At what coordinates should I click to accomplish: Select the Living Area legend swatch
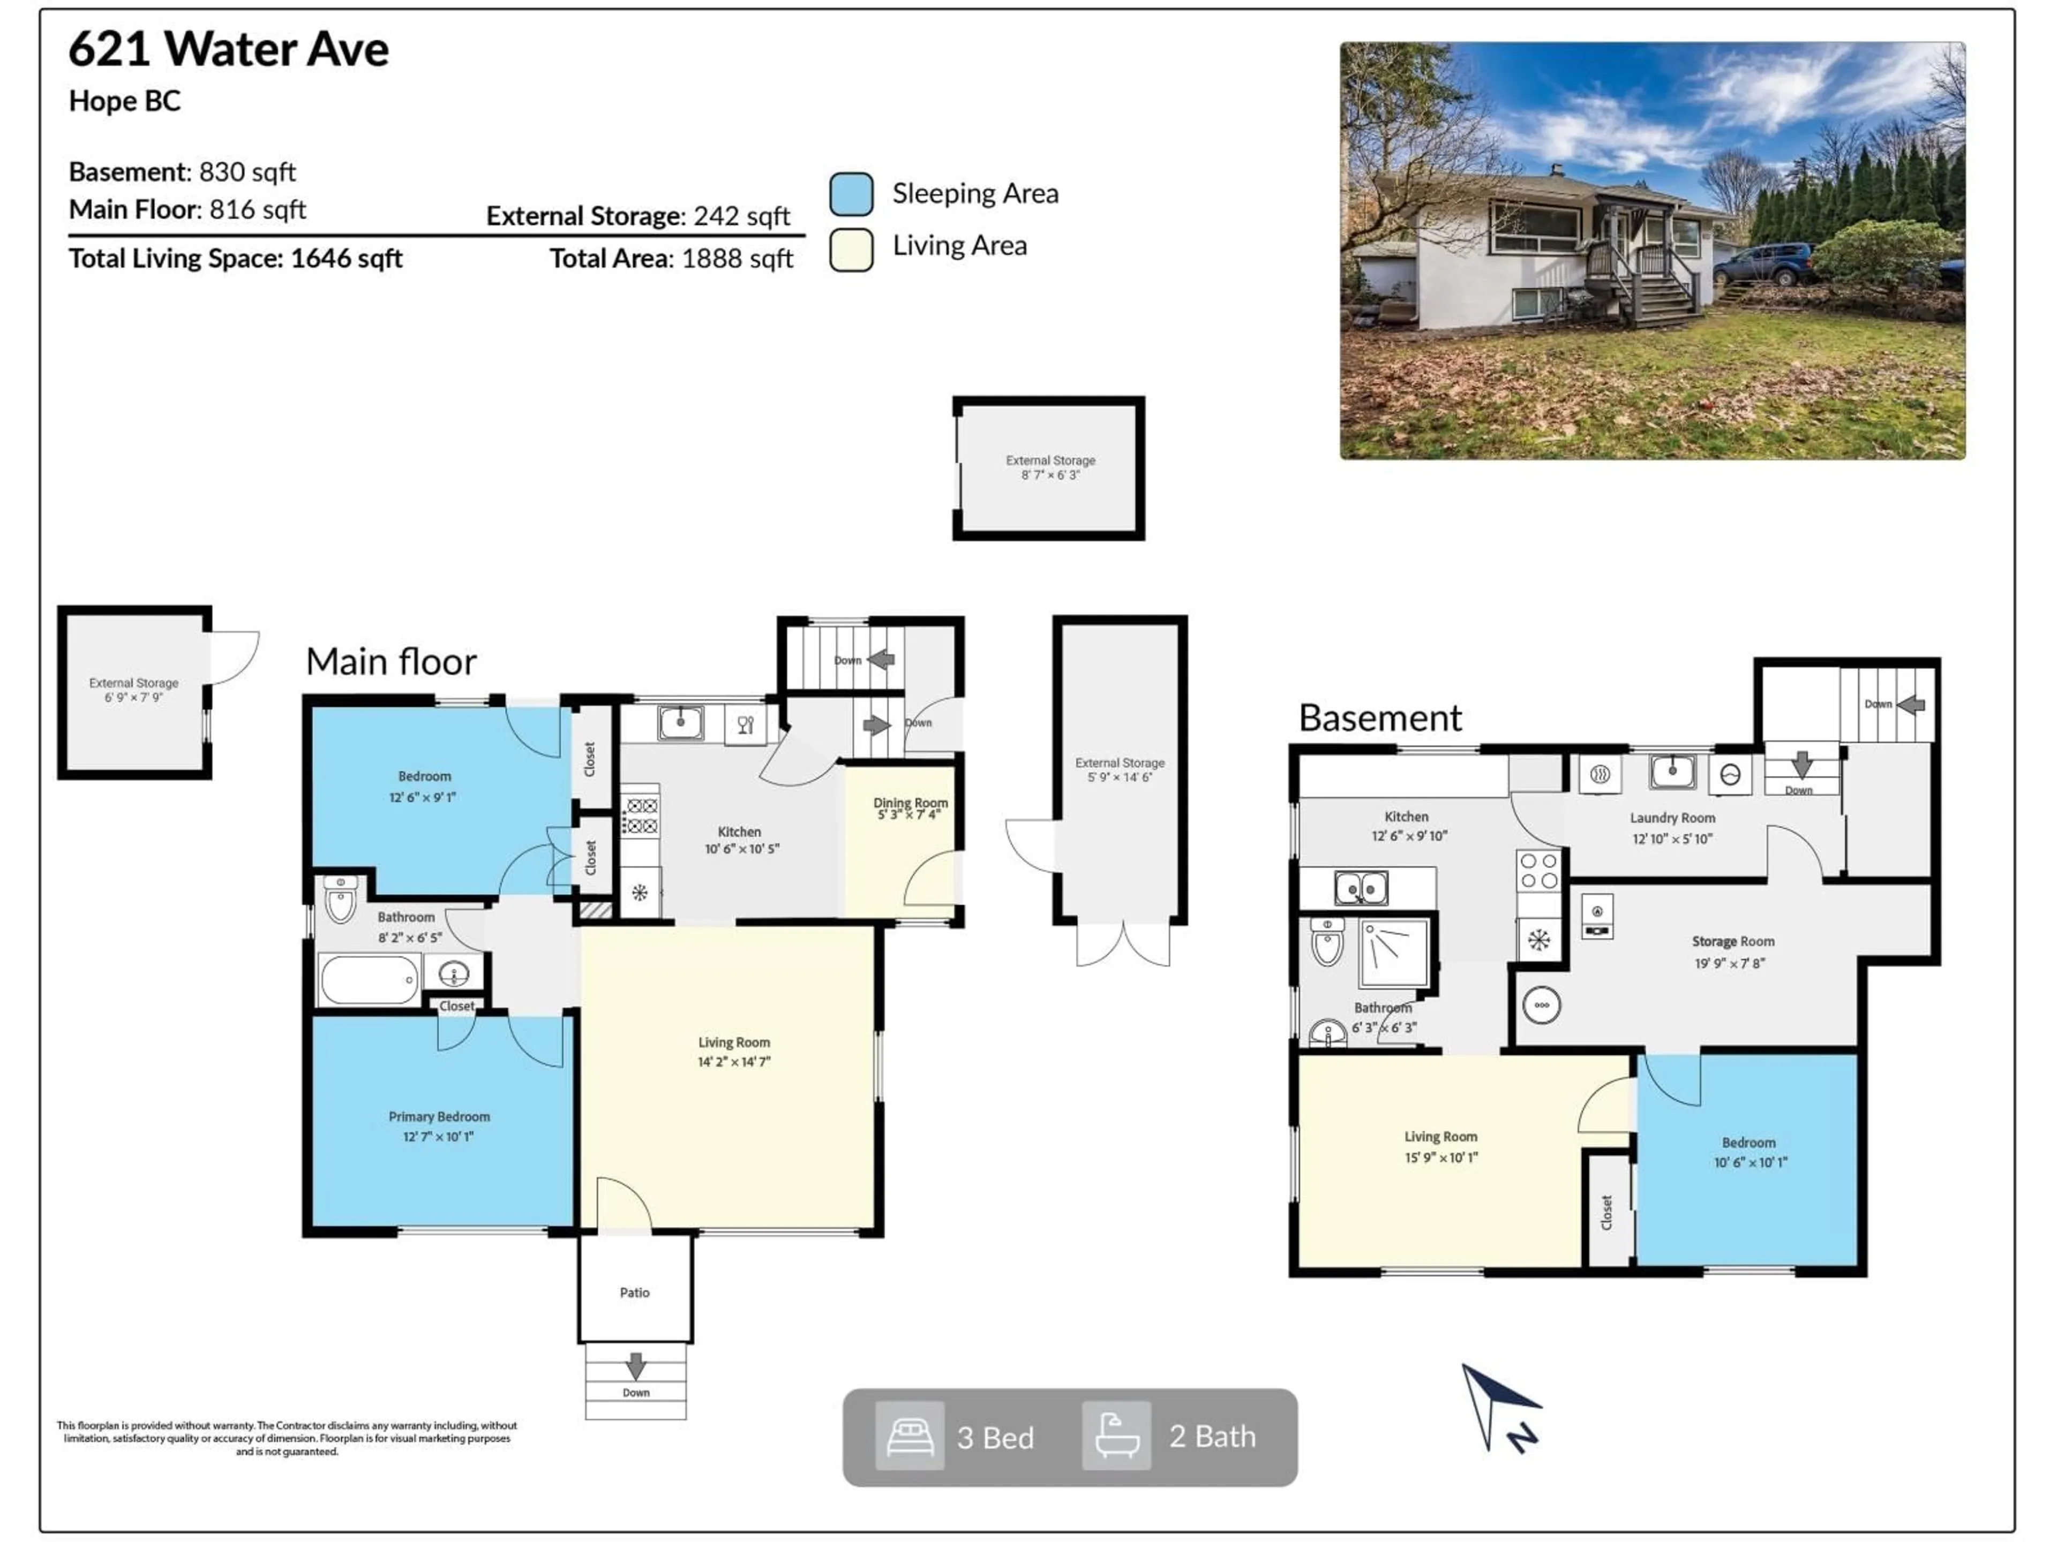tap(851, 249)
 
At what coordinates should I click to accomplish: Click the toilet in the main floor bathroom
tap(340, 899)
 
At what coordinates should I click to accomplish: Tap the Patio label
tap(634, 1292)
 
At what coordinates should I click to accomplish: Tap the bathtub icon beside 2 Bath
tap(1116, 1436)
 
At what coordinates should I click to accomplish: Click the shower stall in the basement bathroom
tap(1393, 953)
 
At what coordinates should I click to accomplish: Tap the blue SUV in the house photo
tap(1763, 264)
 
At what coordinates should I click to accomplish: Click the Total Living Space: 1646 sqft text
tap(235, 259)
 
